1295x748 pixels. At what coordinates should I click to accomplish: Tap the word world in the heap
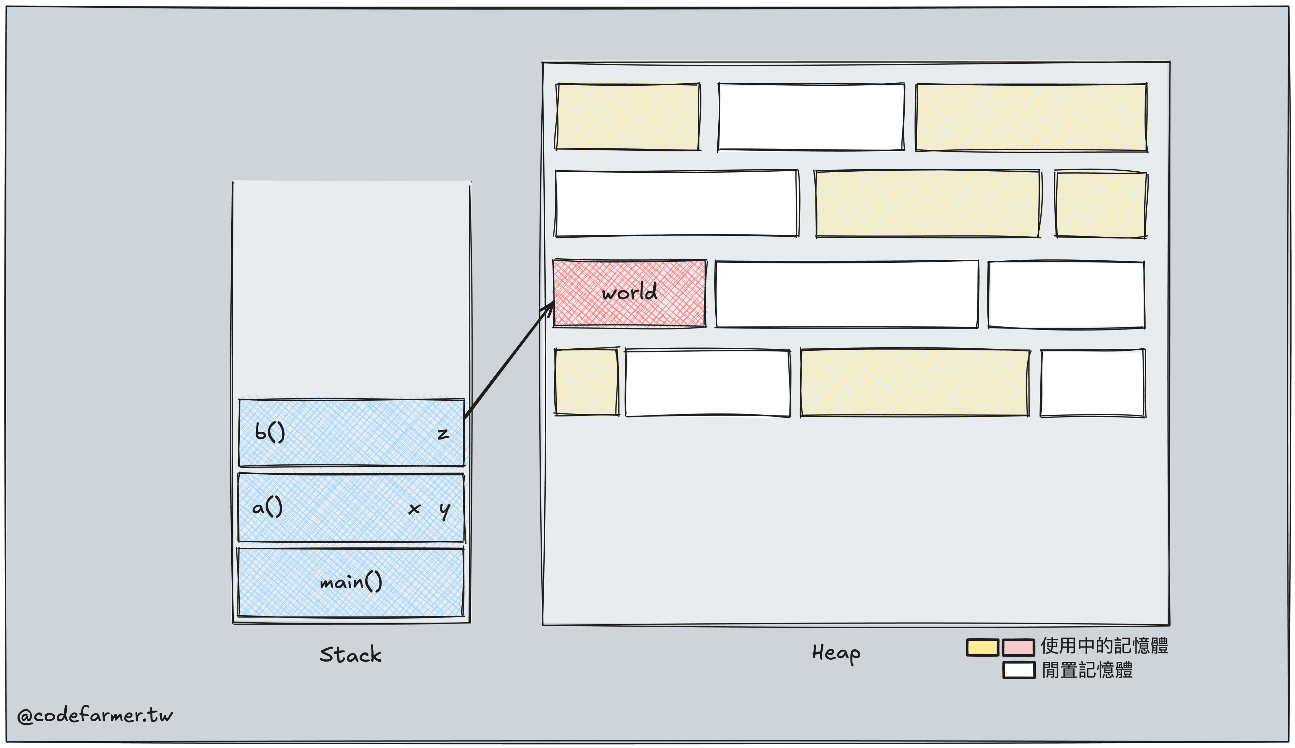[x=629, y=292]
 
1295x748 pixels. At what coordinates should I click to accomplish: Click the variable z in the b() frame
[x=443, y=434]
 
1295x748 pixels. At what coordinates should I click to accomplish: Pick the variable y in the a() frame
[x=444, y=510]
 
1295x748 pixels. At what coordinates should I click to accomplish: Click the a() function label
[x=267, y=508]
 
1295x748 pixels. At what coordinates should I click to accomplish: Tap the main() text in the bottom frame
[x=351, y=582]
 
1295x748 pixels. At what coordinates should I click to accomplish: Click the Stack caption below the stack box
[x=350, y=655]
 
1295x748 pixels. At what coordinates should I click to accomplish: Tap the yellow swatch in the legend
[x=982, y=647]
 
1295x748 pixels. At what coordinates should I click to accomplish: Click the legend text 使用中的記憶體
[x=1104, y=646]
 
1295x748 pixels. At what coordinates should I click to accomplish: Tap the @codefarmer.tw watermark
[x=95, y=715]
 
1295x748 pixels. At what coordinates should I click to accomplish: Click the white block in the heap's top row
[x=811, y=117]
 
